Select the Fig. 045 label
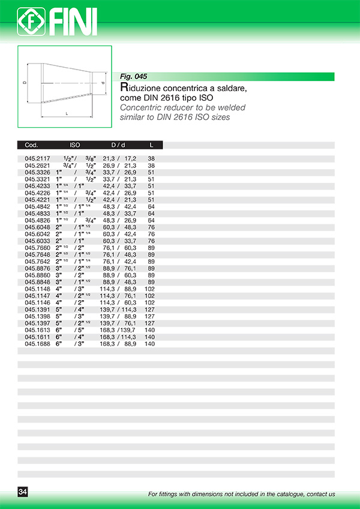coord(133,77)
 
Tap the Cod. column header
coord(32,145)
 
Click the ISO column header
coord(75,145)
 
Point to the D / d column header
coord(118,145)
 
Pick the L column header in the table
coord(151,145)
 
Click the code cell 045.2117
coord(37,159)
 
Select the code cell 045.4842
coord(37,207)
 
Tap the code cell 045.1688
coord(37,344)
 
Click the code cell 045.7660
coord(37,248)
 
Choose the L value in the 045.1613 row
coord(150,330)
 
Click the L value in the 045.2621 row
coord(151,165)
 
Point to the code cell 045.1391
coord(37,310)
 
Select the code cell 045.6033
coord(37,241)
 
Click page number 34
coord(23,492)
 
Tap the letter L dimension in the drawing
coord(67,113)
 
